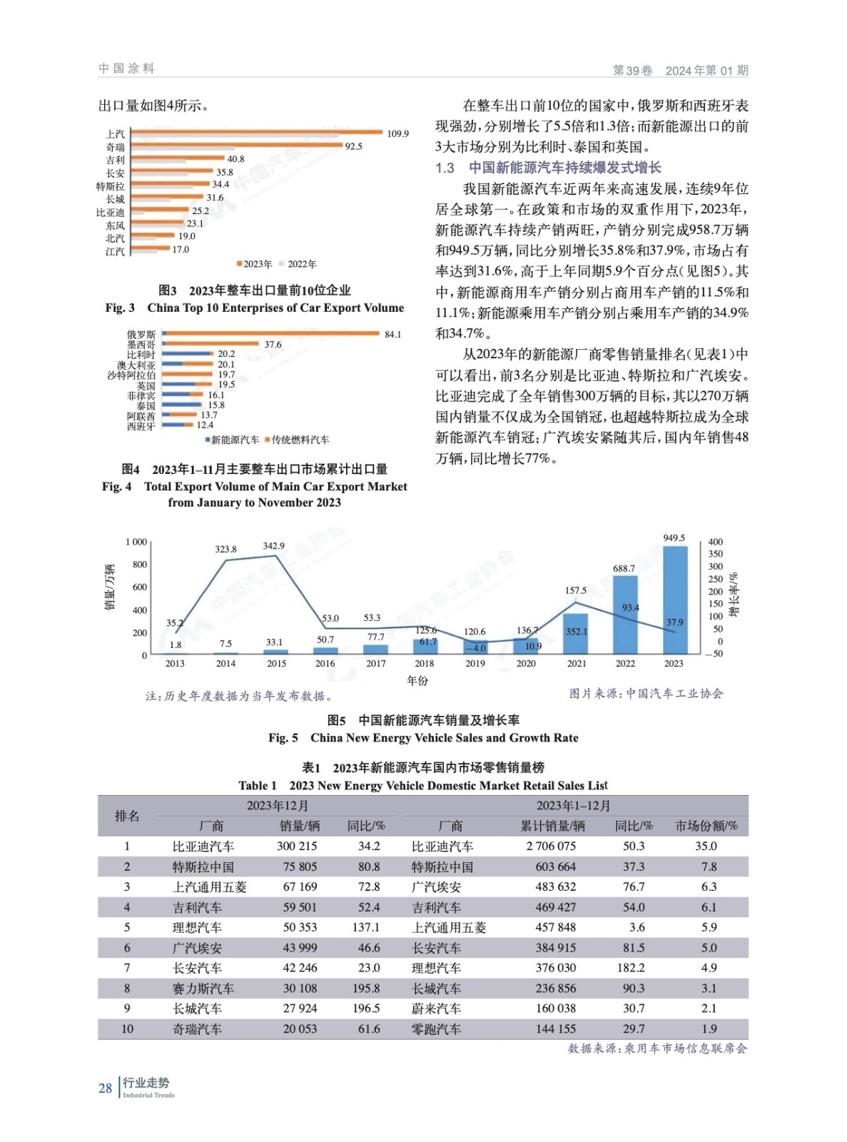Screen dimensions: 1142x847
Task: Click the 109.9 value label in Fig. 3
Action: (397, 133)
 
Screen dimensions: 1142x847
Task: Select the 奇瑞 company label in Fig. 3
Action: (115, 147)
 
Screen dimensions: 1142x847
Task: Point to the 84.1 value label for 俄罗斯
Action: (392, 334)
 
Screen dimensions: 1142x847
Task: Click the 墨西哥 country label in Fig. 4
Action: (141, 345)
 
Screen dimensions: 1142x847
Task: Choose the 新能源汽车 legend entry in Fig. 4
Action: (233, 440)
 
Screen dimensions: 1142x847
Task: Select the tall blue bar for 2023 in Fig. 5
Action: (674, 600)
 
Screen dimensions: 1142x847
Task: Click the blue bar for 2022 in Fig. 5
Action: (624, 615)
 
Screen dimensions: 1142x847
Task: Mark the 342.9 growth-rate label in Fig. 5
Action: (273, 546)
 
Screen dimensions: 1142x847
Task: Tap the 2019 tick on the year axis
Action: (475, 664)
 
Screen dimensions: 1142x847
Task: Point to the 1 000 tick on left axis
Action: (136, 542)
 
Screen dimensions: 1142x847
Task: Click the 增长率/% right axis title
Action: (734, 594)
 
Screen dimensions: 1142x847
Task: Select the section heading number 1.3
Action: (445, 168)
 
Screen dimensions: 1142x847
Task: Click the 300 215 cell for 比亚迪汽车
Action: (297, 847)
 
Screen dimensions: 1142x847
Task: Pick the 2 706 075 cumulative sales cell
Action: (551, 847)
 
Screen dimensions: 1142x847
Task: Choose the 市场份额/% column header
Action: (706, 826)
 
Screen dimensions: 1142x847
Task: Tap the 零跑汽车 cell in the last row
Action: (436, 1029)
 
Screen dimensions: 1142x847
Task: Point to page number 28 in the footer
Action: (105, 1088)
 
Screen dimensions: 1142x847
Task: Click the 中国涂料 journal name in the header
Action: (126, 69)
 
